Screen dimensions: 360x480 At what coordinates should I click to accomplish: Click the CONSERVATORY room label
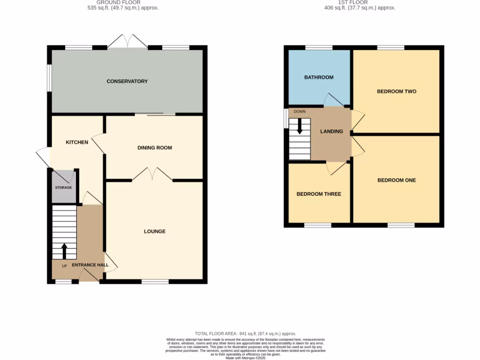pos(127,81)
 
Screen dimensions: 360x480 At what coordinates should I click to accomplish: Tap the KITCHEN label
pos(77,142)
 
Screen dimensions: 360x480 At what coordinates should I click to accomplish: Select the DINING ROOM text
pos(155,148)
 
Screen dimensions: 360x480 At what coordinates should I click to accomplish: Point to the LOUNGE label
pos(155,231)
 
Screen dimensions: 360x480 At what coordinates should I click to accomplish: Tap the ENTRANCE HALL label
pos(90,265)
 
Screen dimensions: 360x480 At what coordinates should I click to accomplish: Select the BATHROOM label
pos(319,77)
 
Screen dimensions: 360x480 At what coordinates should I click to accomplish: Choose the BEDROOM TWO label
pos(397,91)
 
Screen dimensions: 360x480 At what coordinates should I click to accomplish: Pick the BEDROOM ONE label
pos(397,180)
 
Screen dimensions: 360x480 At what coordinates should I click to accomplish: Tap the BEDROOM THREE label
pos(319,194)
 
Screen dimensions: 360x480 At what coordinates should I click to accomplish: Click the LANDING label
pos(331,131)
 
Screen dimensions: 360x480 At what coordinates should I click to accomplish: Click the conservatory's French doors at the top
pos(127,41)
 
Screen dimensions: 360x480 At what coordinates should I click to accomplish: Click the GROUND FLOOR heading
pos(124,2)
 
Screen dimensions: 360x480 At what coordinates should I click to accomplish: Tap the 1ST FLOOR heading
pos(359,2)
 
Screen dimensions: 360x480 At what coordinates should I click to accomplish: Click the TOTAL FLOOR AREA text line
pos(246,333)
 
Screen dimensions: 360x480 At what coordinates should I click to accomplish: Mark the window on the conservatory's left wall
pos(49,76)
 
